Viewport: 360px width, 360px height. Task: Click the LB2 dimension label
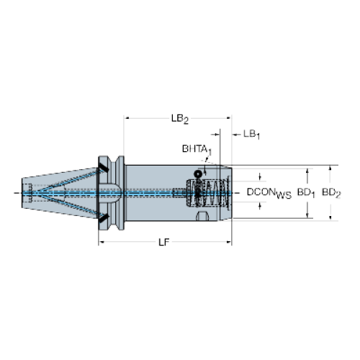coord(180,119)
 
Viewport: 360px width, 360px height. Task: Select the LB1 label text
coord(251,135)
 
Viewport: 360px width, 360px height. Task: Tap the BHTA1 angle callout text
coord(197,150)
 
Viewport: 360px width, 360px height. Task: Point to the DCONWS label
coord(269,194)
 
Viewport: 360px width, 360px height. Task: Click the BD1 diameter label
coord(306,193)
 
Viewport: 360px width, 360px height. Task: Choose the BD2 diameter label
coord(331,193)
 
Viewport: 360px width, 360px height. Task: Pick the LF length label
coord(164,243)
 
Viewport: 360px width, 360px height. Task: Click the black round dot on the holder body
coord(198,174)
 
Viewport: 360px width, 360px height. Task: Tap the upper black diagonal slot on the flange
coord(104,167)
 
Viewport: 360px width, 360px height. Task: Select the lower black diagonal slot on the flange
coord(104,218)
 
